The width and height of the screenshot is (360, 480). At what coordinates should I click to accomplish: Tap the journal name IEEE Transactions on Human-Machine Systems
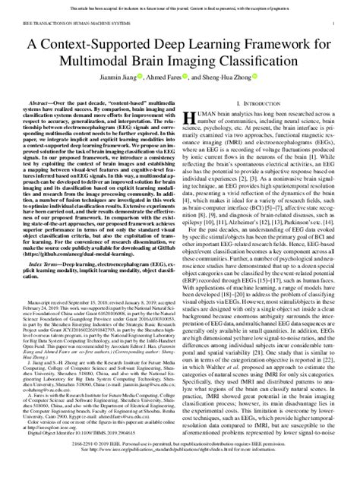[x=68, y=24]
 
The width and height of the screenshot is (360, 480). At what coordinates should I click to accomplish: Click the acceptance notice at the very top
[x=180, y=5]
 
